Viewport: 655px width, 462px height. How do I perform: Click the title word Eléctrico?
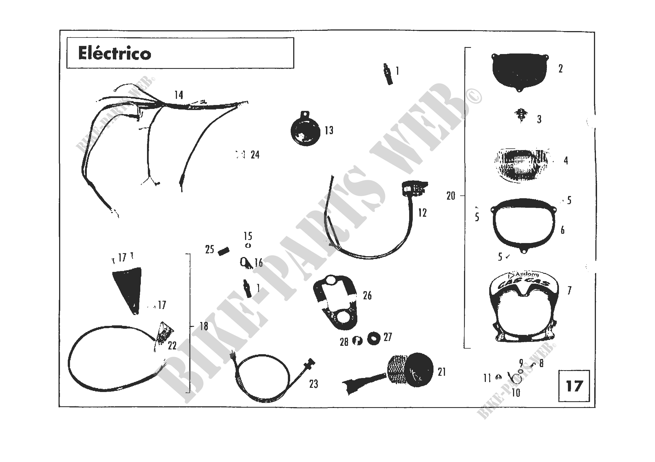click(115, 53)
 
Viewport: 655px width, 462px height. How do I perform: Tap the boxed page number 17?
click(574, 386)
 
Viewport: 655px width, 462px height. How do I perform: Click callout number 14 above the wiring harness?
click(179, 95)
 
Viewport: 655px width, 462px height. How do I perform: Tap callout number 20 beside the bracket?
click(451, 196)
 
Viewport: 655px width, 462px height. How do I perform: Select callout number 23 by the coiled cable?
click(314, 384)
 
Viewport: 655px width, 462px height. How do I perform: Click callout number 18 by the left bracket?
click(204, 326)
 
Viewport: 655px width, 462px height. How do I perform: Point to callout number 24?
click(255, 155)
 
